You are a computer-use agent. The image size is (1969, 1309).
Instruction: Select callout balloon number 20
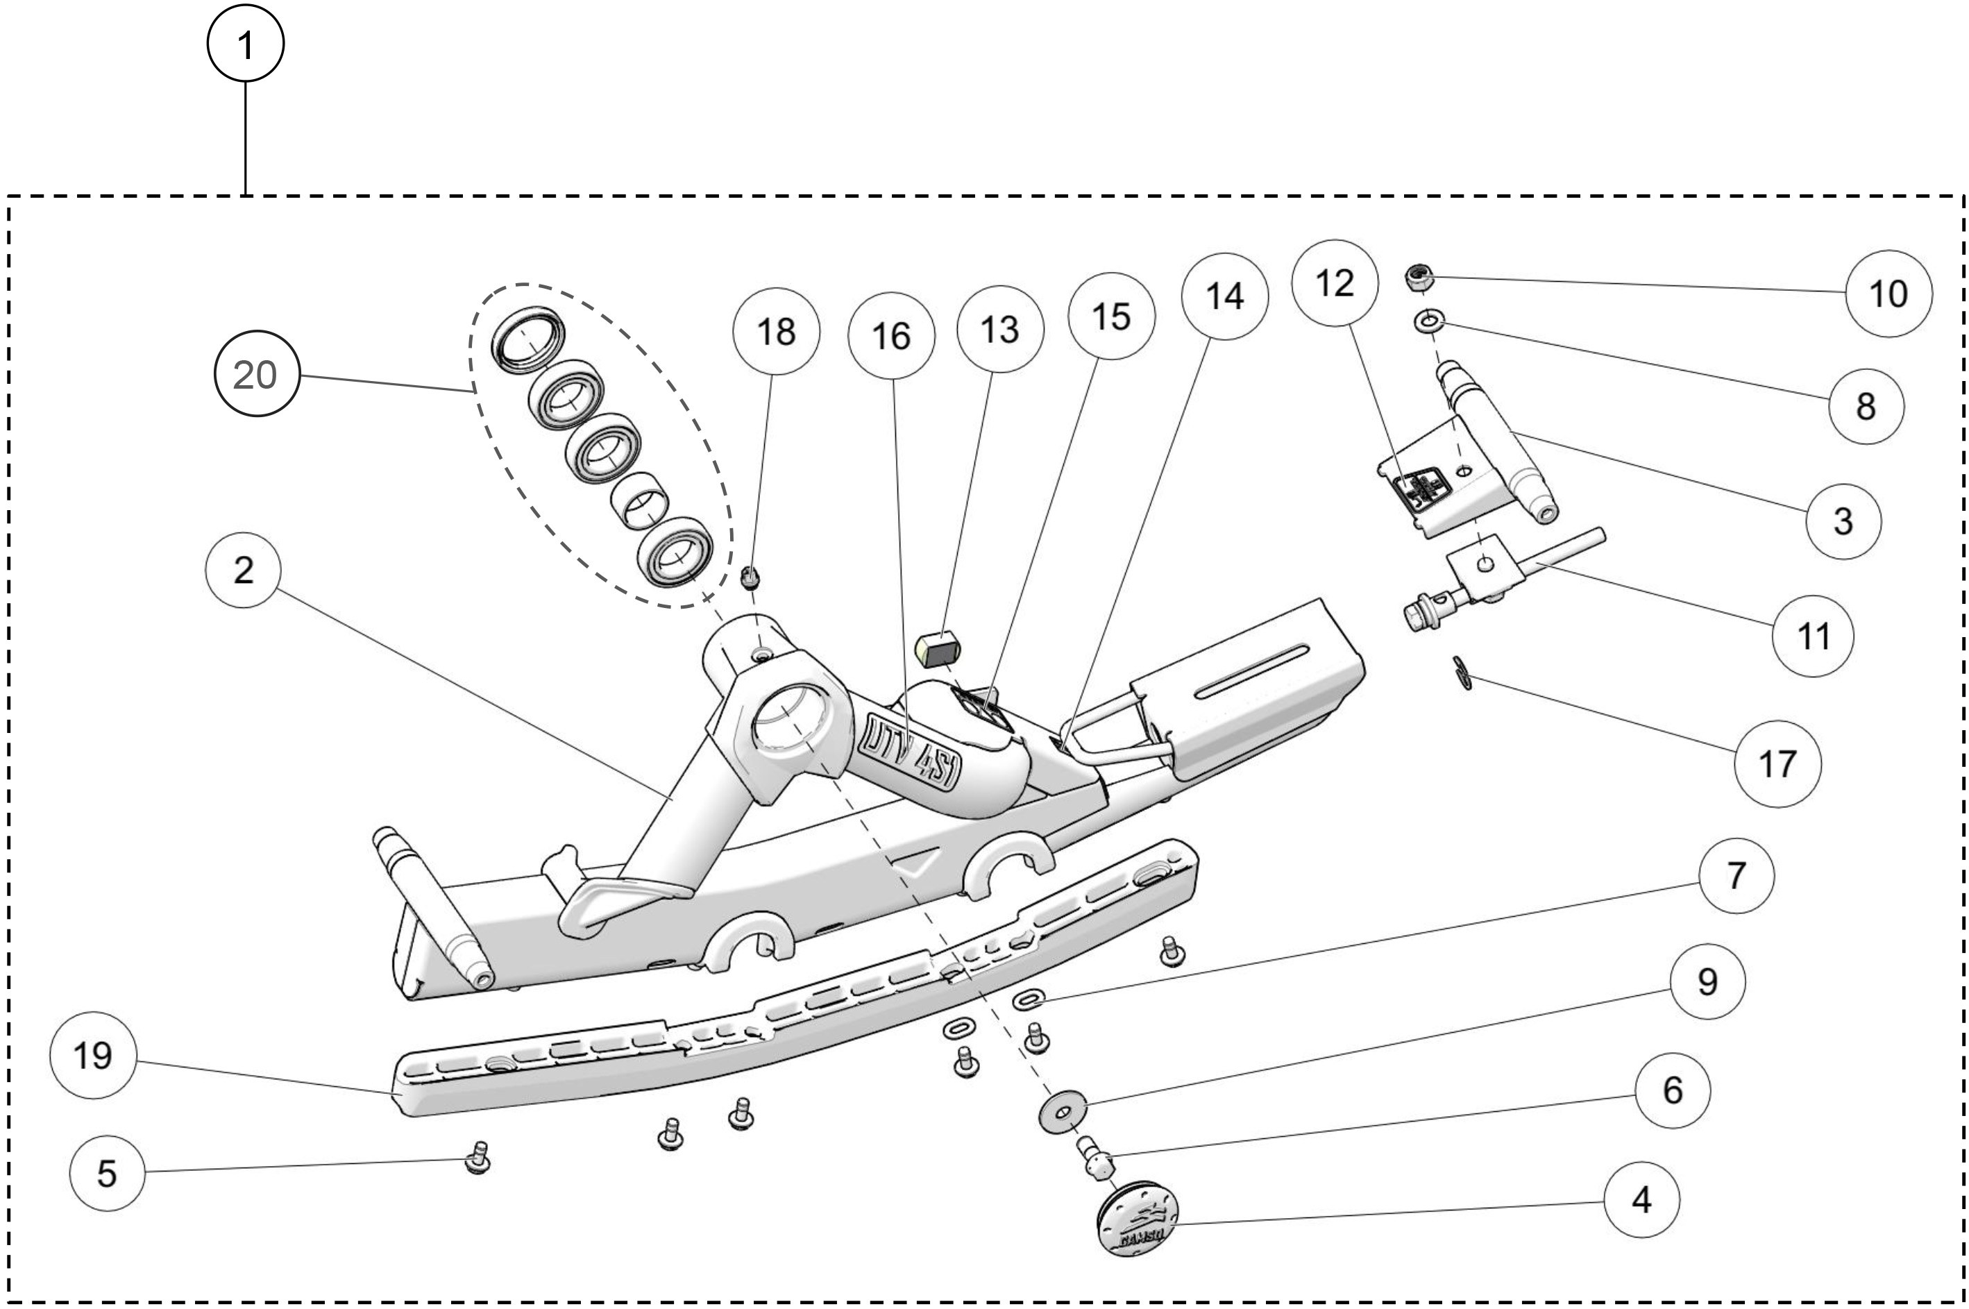click(255, 374)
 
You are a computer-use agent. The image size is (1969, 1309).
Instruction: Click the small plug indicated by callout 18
click(750, 576)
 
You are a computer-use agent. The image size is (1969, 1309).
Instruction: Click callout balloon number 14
click(1224, 296)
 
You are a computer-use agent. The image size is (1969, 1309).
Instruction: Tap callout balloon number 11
click(1813, 636)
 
